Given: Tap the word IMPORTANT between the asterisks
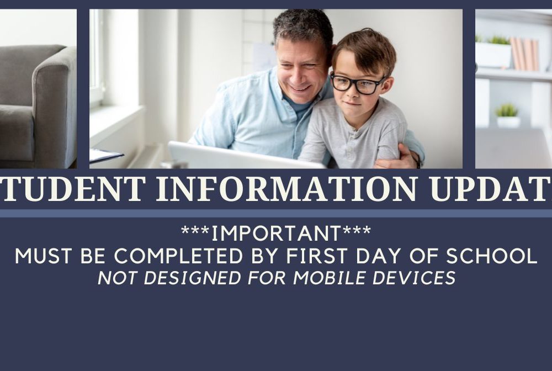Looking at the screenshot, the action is click(276, 234).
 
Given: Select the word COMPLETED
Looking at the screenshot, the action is click(179, 256).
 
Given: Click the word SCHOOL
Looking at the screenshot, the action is click(491, 256).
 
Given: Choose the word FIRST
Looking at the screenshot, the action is click(317, 256).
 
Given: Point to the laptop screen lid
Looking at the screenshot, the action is click(243, 156).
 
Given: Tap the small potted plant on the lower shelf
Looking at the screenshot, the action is click(507, 115).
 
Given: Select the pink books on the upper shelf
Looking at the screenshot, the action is click(524, 54).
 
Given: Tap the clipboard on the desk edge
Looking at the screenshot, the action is click(105, 155).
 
